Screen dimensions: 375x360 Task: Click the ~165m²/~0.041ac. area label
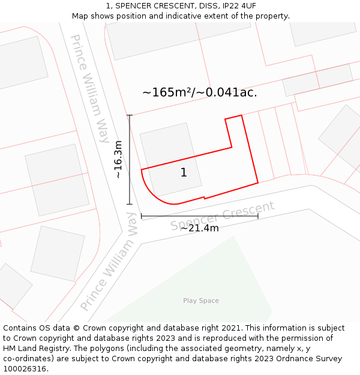coord(199,92)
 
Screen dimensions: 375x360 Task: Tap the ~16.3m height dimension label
coord(118,160)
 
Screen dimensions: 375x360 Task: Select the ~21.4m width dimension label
coord(199,228)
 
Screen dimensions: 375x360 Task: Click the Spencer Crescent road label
coord(222,216)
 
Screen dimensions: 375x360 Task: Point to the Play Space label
coord(201,301)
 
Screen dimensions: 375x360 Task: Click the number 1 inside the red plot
coord(184,173)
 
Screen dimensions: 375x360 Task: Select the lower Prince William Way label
coord(109,261)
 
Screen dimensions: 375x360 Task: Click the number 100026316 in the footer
coord(24,369)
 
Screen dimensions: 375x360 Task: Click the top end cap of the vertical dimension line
coord(129,115)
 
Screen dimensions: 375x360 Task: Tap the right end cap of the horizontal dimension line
coord(258,215)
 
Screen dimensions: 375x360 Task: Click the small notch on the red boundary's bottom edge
coord(205,197)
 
